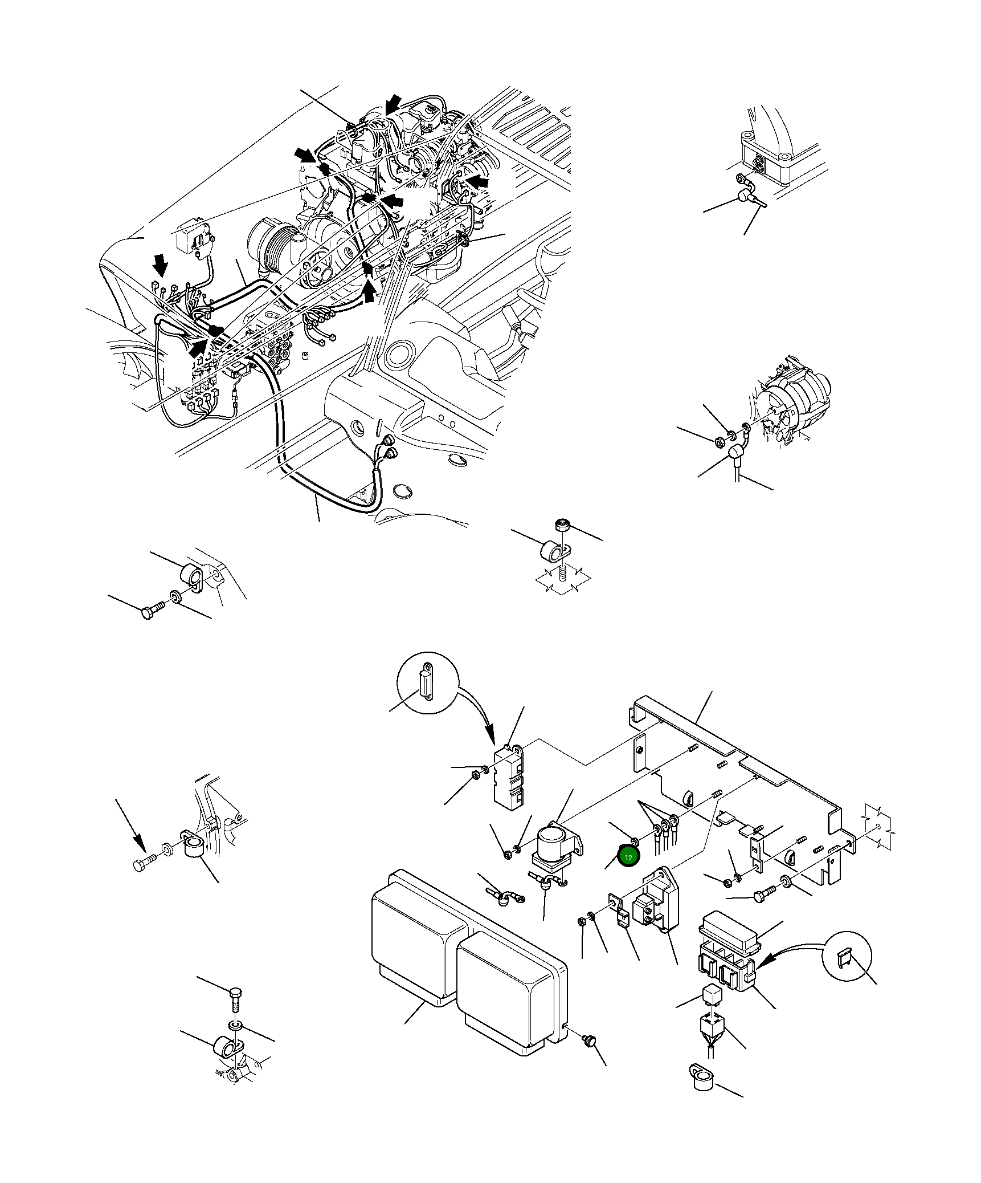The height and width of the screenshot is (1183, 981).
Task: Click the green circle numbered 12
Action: (628, 873)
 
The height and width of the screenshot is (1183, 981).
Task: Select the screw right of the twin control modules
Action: (588, 1041)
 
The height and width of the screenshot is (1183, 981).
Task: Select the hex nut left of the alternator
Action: (719, 441)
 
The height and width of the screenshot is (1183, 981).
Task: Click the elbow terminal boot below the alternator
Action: (735, 453)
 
